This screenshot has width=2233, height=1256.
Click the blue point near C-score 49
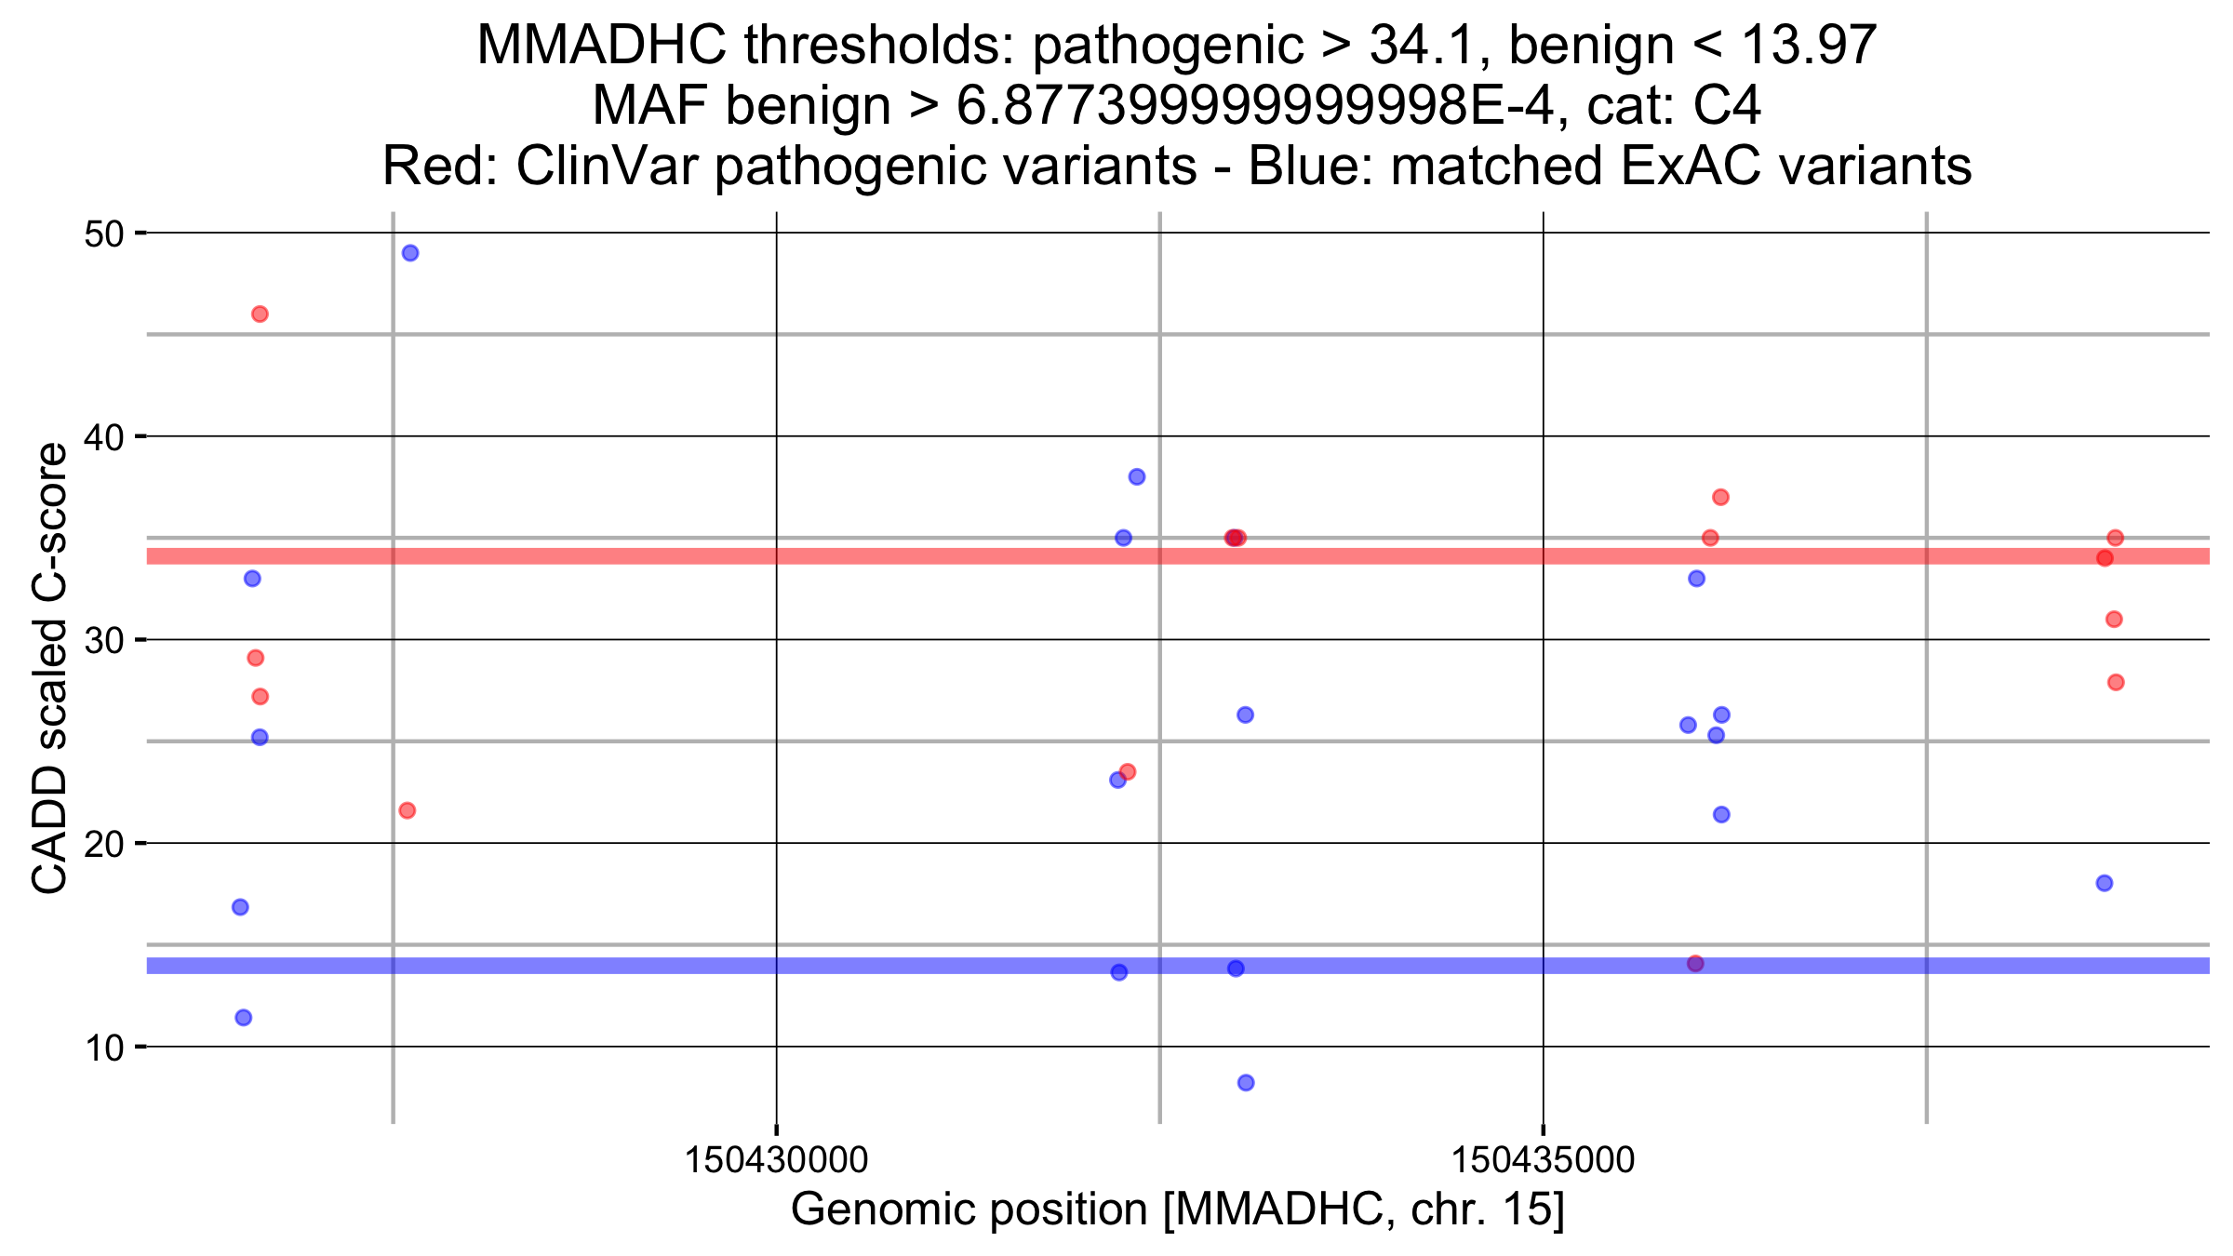pos(410,253)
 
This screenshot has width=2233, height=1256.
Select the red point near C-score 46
pos(260,314)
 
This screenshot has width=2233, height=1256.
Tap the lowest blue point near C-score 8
pos(1246,1083)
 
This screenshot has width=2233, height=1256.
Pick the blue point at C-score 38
pos(1137,477)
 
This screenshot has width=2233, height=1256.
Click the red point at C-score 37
pos(1720,498)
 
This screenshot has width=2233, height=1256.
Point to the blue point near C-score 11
pos(244,1018)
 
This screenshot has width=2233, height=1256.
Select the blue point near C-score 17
pos(240,907)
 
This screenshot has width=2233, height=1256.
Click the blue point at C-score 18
pos(2105,883)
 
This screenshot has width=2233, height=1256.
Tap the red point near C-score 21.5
pos(407,811)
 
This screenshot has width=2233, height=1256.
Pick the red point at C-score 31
pos(2114,620)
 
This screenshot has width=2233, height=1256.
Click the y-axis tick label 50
pos(104,234)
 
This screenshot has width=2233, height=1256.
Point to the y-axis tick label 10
pos(104,1049)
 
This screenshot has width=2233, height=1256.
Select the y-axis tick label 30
pos(104,641)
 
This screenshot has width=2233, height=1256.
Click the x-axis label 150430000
pos(776,1160)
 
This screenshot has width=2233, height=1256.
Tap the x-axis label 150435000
pos(1543,1160)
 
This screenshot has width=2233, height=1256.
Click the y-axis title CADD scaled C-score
pos(49,668)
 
